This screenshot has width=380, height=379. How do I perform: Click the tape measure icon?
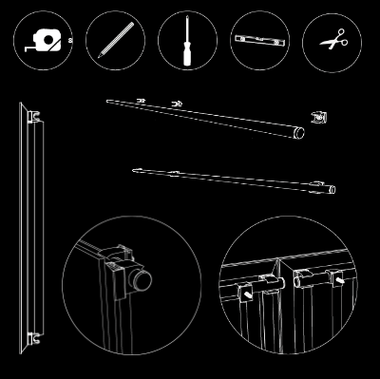43,41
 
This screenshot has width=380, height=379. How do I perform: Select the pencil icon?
115,41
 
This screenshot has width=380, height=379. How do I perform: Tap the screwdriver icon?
187,41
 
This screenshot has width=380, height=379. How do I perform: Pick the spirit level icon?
259,41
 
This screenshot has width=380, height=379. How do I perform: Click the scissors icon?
332,41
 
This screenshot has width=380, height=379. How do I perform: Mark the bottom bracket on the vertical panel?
34,334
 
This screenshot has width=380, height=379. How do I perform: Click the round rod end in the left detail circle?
143,280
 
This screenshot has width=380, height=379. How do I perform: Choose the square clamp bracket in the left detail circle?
117,276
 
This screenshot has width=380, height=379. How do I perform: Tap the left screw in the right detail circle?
249,294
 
